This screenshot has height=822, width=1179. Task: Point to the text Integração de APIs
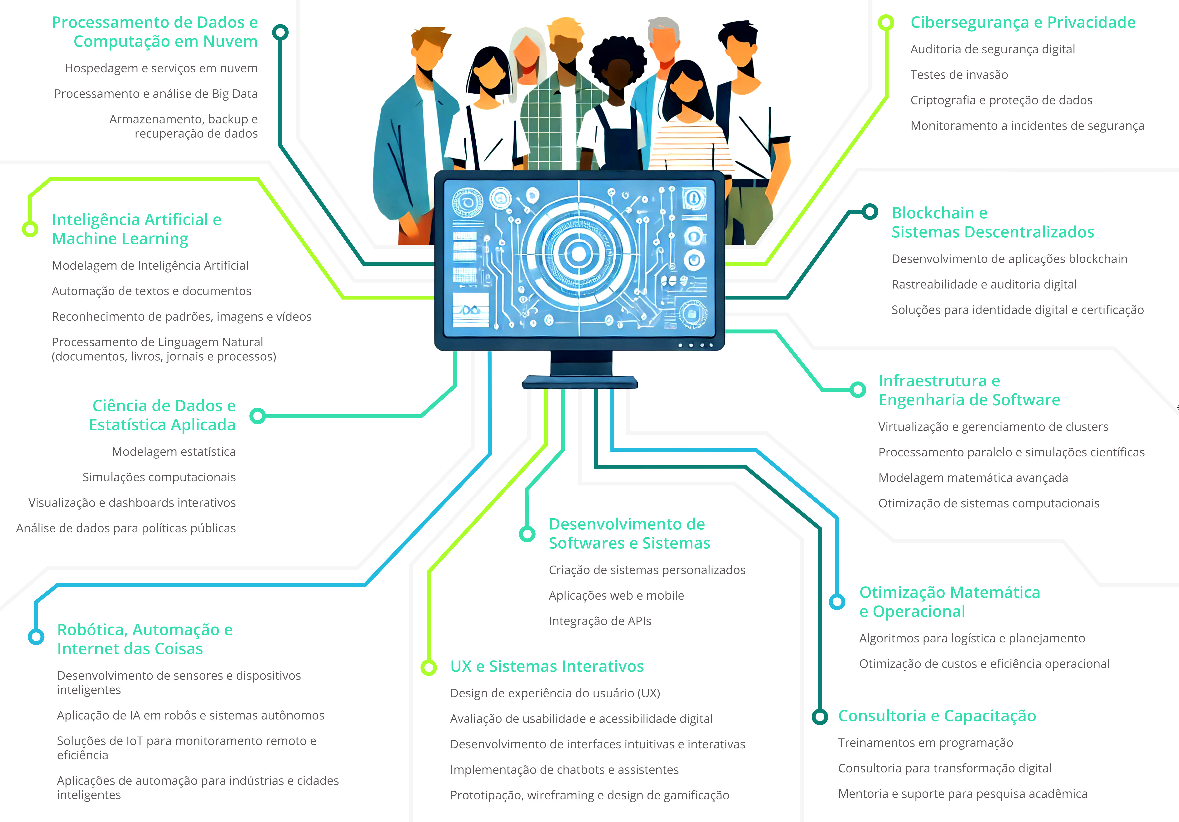point(600,621)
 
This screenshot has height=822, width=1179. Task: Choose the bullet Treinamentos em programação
point(925,743)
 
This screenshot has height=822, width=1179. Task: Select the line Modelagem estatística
point(174,452)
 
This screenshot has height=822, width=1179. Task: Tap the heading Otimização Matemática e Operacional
point(949,602)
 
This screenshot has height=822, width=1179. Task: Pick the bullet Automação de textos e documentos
point(151,291)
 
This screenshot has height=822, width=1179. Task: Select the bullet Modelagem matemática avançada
point(973,478)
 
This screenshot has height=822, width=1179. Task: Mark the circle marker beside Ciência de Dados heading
point(258,416)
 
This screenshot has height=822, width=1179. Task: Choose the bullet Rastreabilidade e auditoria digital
point(984,285)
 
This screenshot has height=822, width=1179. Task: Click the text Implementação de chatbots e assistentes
point(564,770)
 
